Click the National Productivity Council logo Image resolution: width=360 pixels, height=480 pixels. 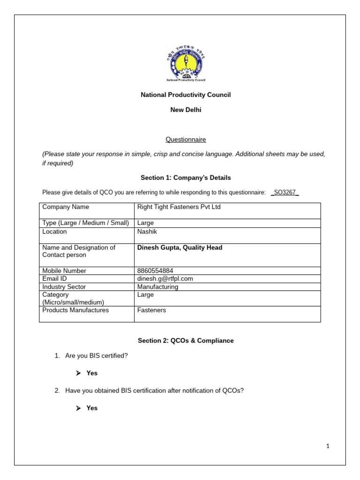pos(186,64)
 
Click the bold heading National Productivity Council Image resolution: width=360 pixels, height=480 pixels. pos(186,95)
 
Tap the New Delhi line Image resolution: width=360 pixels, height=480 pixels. pos(186,110)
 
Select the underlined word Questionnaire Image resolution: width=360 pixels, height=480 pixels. pos(186,140)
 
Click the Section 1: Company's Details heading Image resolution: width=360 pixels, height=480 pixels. pos(186,178)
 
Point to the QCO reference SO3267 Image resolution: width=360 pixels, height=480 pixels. pos(285,193)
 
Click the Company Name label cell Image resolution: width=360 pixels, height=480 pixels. pos(66,207)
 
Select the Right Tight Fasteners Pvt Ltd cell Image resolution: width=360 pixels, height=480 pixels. pos(179,207)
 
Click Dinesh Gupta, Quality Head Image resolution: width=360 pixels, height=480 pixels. pos(180,248)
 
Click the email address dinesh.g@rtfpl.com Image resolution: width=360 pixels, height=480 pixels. pos(165,279)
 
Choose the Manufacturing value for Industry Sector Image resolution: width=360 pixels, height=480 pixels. pos(157,287)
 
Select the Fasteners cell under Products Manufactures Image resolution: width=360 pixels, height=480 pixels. pos(151,310)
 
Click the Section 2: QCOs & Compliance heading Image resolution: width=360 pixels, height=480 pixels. pos(186,341)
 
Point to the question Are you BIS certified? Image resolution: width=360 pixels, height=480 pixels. pos(97,356)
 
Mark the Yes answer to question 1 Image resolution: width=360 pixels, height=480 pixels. pos(92,374)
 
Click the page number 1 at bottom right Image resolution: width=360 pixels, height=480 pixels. pos(328,447)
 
